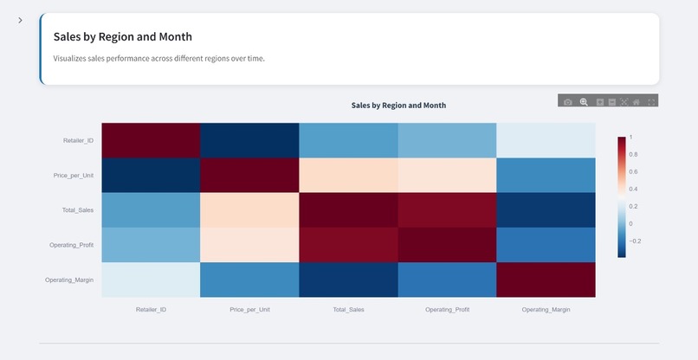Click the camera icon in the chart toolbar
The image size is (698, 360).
click(x=568, y=102)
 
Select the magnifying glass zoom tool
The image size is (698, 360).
click(x=584, y=102)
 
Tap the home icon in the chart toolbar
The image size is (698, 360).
click(x=637, y=102)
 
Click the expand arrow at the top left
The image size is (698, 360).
click(x=20, y=20)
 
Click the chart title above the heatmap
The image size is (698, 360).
click(x=398, y=105)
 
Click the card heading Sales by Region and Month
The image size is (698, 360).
click(x=123, y=37)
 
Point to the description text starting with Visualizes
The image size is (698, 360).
click(x=158, y=59)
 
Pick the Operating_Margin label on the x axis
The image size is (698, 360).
click(x=546, y=309)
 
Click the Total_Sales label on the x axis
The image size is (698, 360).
click(x=348, y=309)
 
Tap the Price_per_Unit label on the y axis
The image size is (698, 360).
click(x=73, y=175)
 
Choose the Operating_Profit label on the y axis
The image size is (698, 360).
click(x=71, y=245)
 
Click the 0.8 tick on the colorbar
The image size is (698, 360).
click(x=634, y=154)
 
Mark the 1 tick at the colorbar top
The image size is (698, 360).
click(x=631, y=137)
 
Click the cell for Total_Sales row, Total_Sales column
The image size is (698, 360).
click(x=348, y=209)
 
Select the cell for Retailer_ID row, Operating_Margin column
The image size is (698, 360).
click(x=546, y=140)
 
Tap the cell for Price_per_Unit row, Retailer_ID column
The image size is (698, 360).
click(x=151, y=175)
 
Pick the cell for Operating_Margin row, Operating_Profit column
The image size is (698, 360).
click(x=447, y=280)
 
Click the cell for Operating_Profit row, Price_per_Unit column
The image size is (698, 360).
click(x=249, y=245)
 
